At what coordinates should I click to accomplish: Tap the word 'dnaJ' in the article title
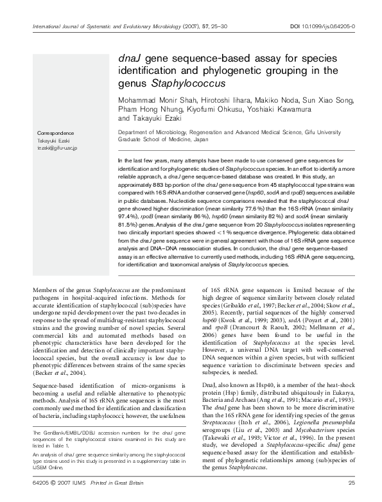131,58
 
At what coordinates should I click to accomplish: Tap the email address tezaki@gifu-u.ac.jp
56,148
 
